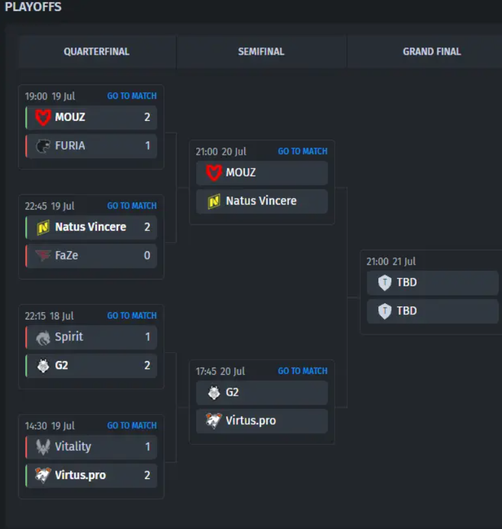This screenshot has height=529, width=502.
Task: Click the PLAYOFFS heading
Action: pyautogui.click(x=33, y=8)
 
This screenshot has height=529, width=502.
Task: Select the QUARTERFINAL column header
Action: pyautogui.click(x=96, y=51)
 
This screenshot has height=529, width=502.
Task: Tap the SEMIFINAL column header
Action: pyautogui.click(x=261, y=51)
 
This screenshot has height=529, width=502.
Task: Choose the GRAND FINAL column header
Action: pyautogui.click(x=432, y=51)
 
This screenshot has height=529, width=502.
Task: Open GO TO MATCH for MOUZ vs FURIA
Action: pyautogui.click(x=132, y=96)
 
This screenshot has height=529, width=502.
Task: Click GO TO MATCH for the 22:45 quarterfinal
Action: pyautogui.click(x=132, y=206)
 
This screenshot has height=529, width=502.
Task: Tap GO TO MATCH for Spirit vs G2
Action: pyautogui.click(x=132, y=316)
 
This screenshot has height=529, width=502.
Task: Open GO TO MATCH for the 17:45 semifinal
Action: pyautogui.click(x=302, y=371)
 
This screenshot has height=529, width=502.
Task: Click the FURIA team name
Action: pyautogui.click(x=70, y=146)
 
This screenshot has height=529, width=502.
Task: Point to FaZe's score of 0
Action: pyautogui.click(x=147, y=256)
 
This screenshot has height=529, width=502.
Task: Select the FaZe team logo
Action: pyautogui.click(x=43, y=256)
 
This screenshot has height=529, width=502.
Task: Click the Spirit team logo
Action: pyautogui.click(x=43, y=337)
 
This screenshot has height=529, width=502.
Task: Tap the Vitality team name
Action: pyautogui.click(x=73, y=447)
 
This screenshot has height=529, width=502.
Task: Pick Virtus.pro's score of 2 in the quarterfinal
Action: pyautogui.click(x=147, y=476)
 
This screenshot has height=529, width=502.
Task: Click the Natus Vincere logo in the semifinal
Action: pyautogui.click(x=214, y=202)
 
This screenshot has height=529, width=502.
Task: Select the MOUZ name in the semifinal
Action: pyautogui.click(x=241, y=172)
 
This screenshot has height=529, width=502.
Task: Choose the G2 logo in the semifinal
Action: pyautogui.click(x=214, y=393)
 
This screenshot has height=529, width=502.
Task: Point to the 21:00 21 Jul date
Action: pyautogui.click(x=391, y=262)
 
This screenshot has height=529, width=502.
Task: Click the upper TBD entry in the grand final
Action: pyautogui.click(x=406, y=282)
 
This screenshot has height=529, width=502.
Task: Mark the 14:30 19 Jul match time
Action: pyautogui.click(x=49, y=426)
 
